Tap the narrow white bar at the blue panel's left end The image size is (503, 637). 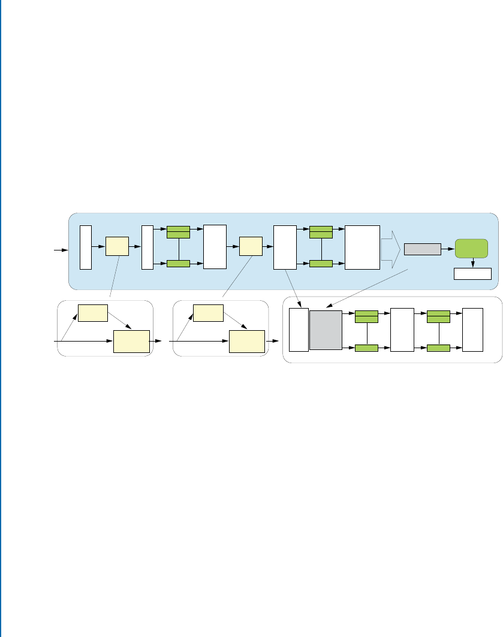click(86, 247)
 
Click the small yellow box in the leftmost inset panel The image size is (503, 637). click(92, 312)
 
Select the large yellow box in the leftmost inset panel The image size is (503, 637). click(131, 340)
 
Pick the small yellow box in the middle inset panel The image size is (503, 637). click(207, 312)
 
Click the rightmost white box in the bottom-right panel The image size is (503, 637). click(472, 330)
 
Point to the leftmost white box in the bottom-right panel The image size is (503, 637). click(299, 330)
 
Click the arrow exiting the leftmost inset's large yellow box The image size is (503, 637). click(156, 340)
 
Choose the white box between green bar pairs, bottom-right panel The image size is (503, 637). click(401, 330)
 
